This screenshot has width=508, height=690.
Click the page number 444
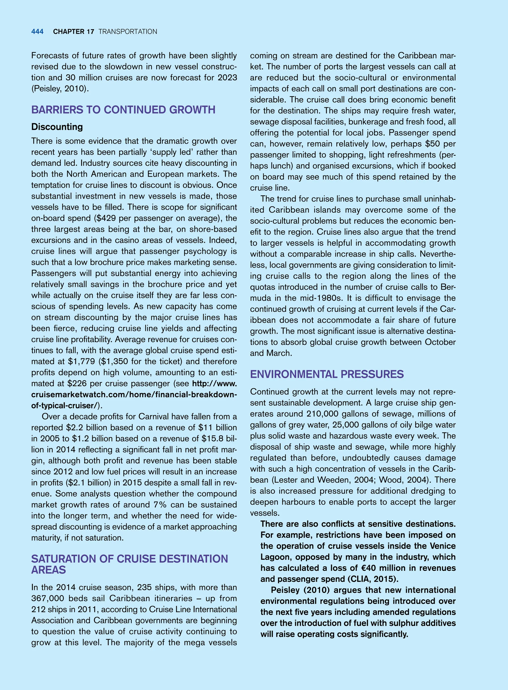click(x=37, y=32)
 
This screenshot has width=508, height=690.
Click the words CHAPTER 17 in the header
click(x=73, y=32)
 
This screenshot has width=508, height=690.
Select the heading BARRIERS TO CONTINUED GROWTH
click(x=123, y=110)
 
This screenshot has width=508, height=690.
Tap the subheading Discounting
click(x=57, y=127)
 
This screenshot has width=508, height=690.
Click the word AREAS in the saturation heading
click(x=49, y=570)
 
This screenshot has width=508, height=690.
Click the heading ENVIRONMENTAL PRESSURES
click(x=327, y=374)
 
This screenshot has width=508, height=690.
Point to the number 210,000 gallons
click(x=323, y=414)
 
